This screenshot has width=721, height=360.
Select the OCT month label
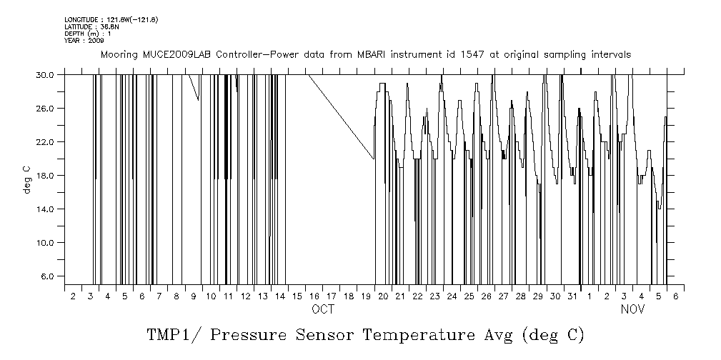click(323, 309)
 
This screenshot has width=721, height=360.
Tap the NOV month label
click(632, 309)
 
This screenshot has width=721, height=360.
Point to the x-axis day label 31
click(572, 295)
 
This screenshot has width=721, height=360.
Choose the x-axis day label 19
click(366, 295)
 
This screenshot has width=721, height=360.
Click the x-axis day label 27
click(503, 295)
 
